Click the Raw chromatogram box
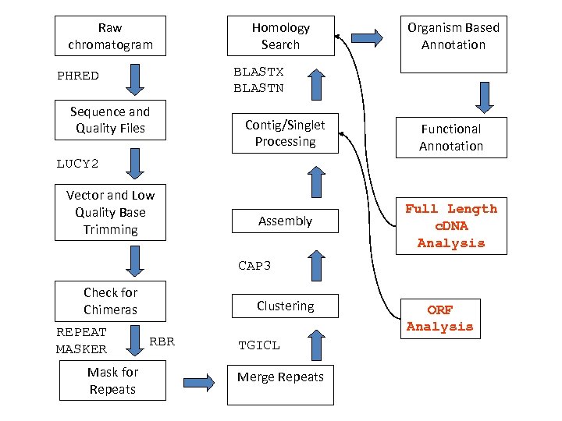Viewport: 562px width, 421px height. [110, 36]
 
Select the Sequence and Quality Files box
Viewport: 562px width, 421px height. [110, 120]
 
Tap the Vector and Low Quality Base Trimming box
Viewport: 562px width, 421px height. [110, 212]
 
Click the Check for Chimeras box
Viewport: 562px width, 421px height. [110, 301]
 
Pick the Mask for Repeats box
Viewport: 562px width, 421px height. [112, 380]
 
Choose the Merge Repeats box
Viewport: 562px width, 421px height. [280, 378]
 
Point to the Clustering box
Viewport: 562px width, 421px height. [285, 306]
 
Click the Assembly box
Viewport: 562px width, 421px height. [284, 221]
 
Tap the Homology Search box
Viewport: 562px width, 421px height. [280, 36]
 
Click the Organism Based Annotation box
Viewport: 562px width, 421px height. [453, 43]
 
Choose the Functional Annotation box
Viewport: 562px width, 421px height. [450, 137]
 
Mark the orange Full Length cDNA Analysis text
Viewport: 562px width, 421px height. [450, 226]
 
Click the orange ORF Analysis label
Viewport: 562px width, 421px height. [439, 319]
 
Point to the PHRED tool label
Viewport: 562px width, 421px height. [78, 76]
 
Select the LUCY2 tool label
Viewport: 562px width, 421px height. [78, 164]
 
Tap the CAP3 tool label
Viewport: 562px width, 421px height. [254, 266]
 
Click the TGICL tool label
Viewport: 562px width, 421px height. [258, 345]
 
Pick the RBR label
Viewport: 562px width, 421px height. [162, 341]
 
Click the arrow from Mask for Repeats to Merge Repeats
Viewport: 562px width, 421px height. [198, 381]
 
